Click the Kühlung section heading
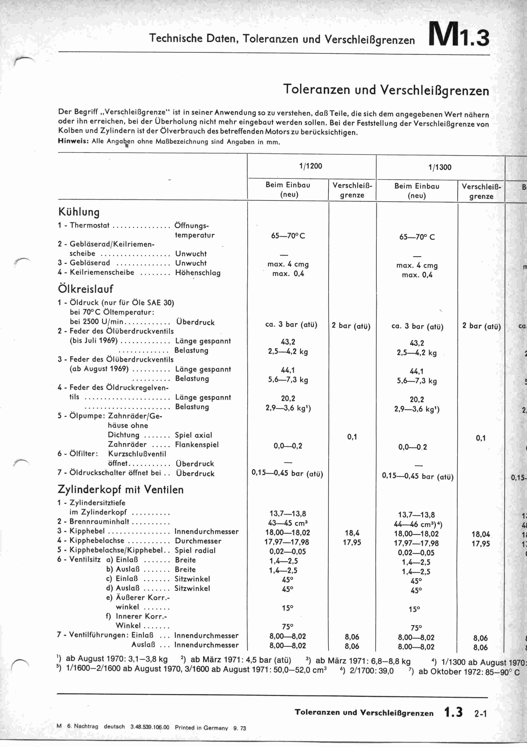click(79, 212)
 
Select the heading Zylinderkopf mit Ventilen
click(120, 489)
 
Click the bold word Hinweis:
click(73, 141)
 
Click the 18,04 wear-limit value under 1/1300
click(481, 534)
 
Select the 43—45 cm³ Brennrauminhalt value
click(288, 523)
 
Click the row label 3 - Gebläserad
click(84, 263)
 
